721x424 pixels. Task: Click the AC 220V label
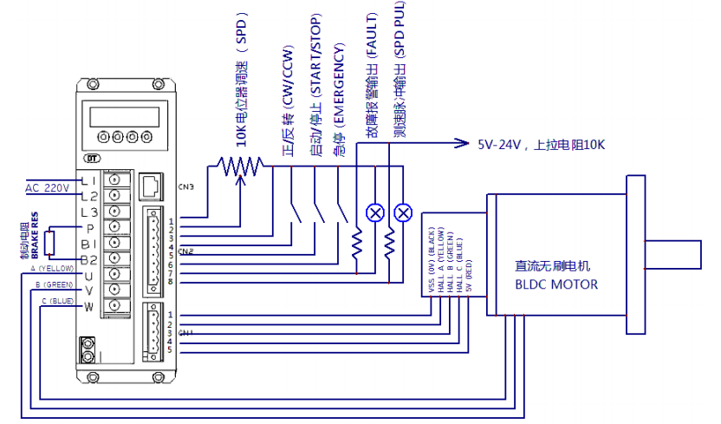pyautogui.click(x=45, y=188)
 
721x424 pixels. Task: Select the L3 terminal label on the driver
pyautogui.click(x=88, y=212)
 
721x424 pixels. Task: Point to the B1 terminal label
pyautogui.click(x=88, y=245)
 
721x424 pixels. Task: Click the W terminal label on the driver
pyautogui.click(x=88, y=307)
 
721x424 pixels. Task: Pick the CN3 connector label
pyautogui.click(x=186, y=187)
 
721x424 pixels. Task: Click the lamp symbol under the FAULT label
pyautogui.click(x=375, y=212)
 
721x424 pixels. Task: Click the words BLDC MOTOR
pyautogui.click(x=555, y=284)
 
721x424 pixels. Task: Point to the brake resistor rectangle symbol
pyautogui.click(x=50, y=244)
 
